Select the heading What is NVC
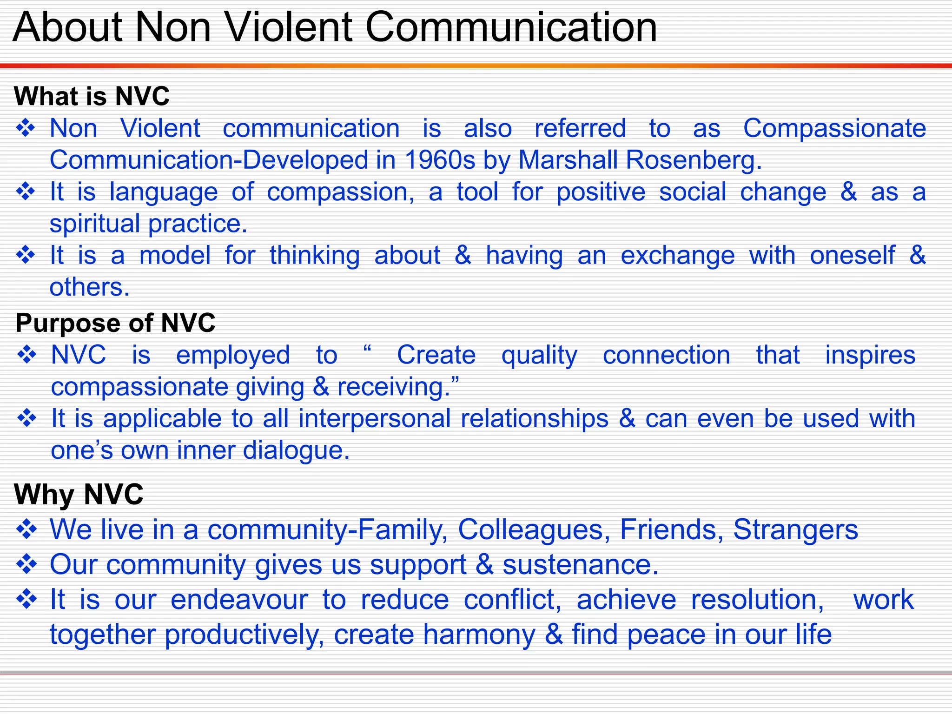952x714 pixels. coord(92,96)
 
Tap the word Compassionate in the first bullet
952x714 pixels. coord(834,128)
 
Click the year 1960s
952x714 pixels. coord(440,160)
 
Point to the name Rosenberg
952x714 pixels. coord(693,160)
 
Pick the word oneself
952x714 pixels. coord(852,256)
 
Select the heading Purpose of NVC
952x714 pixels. coord(115,323)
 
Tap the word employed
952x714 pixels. coord(233,356)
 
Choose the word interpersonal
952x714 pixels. coord(375,419)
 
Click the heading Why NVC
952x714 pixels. coord(79,494)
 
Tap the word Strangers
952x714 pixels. coord(795,530)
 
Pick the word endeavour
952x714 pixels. coord(239,600)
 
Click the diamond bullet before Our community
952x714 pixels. coord(26,564)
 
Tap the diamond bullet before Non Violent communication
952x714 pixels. coord(26,128)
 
